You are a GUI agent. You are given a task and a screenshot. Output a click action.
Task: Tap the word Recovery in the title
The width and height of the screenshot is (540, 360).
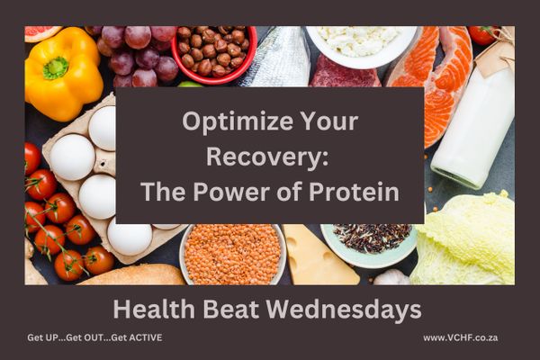pos(264,157)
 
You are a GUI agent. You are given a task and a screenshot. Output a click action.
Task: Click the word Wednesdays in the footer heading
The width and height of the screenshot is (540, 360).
pos(344,309)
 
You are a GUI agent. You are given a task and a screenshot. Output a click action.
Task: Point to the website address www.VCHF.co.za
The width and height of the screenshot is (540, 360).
pos(461,337)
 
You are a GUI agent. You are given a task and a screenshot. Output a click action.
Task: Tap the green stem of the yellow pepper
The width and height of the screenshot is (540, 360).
pos(55,67)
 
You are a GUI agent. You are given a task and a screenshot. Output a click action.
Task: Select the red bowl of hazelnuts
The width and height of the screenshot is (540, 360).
pos(214,55)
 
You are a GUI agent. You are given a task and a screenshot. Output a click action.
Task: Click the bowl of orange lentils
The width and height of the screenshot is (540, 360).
pos(233,254)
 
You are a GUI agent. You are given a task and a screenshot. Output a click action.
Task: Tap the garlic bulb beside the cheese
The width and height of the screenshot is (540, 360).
pos(391,277)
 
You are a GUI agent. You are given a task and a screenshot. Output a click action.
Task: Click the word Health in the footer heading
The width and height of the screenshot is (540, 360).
pos(154,309)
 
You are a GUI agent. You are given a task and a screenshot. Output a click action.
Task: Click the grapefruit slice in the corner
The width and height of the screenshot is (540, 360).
pos(42,33)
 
